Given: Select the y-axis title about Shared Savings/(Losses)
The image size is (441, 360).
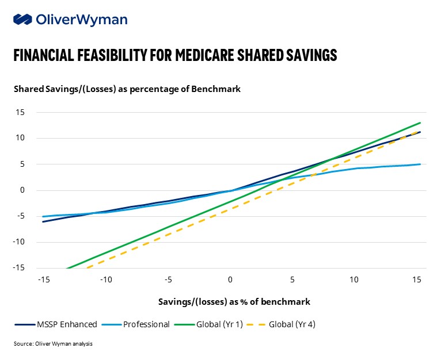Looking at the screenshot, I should point(127,89).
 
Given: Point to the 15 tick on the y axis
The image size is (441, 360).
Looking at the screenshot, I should point(20,112).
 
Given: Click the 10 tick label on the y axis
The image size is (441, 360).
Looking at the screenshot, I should point(20,138).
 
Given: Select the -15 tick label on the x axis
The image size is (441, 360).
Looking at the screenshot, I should point(43,279).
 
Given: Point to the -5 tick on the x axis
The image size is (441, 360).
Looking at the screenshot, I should point(168,279).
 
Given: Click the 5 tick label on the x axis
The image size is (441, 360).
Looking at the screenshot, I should point(292,279).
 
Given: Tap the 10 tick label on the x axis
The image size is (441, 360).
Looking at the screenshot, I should point(355,279).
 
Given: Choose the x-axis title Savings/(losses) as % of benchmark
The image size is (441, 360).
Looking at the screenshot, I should point(234,301).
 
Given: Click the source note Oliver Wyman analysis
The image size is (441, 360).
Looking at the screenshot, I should point(53,344).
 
